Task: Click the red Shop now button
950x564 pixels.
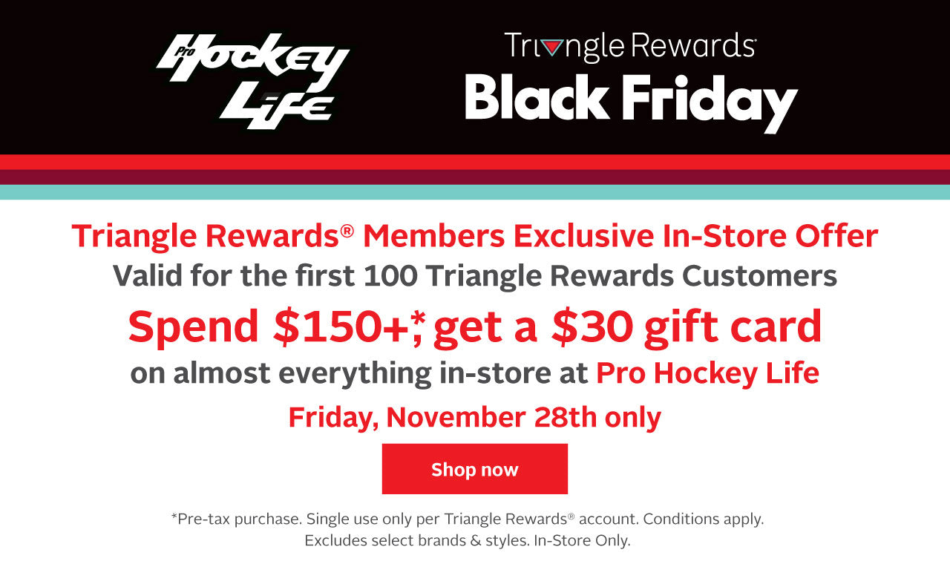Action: [x=474, y=468]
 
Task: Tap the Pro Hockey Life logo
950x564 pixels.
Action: [x=253, y=81]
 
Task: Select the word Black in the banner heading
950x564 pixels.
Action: [x=537, y=97]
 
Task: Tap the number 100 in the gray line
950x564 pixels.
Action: [x=390, y=276]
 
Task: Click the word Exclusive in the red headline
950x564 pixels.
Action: [x=583, y=236]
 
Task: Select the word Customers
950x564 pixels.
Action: [x=759, y=276]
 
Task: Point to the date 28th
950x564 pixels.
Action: [x=565, y=417]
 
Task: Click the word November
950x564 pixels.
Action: [x=456, y=417]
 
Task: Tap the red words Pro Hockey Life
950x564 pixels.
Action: [x=707, y=373]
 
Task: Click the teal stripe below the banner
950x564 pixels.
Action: [x=475, y=192]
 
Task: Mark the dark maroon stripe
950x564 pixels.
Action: [x=475, y=177]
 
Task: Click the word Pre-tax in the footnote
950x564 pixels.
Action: [x=203, y=519]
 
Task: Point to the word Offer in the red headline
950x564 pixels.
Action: [x=836, y=236]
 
